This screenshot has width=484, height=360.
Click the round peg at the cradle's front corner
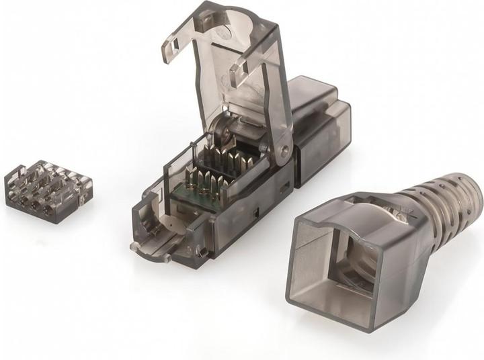134,246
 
